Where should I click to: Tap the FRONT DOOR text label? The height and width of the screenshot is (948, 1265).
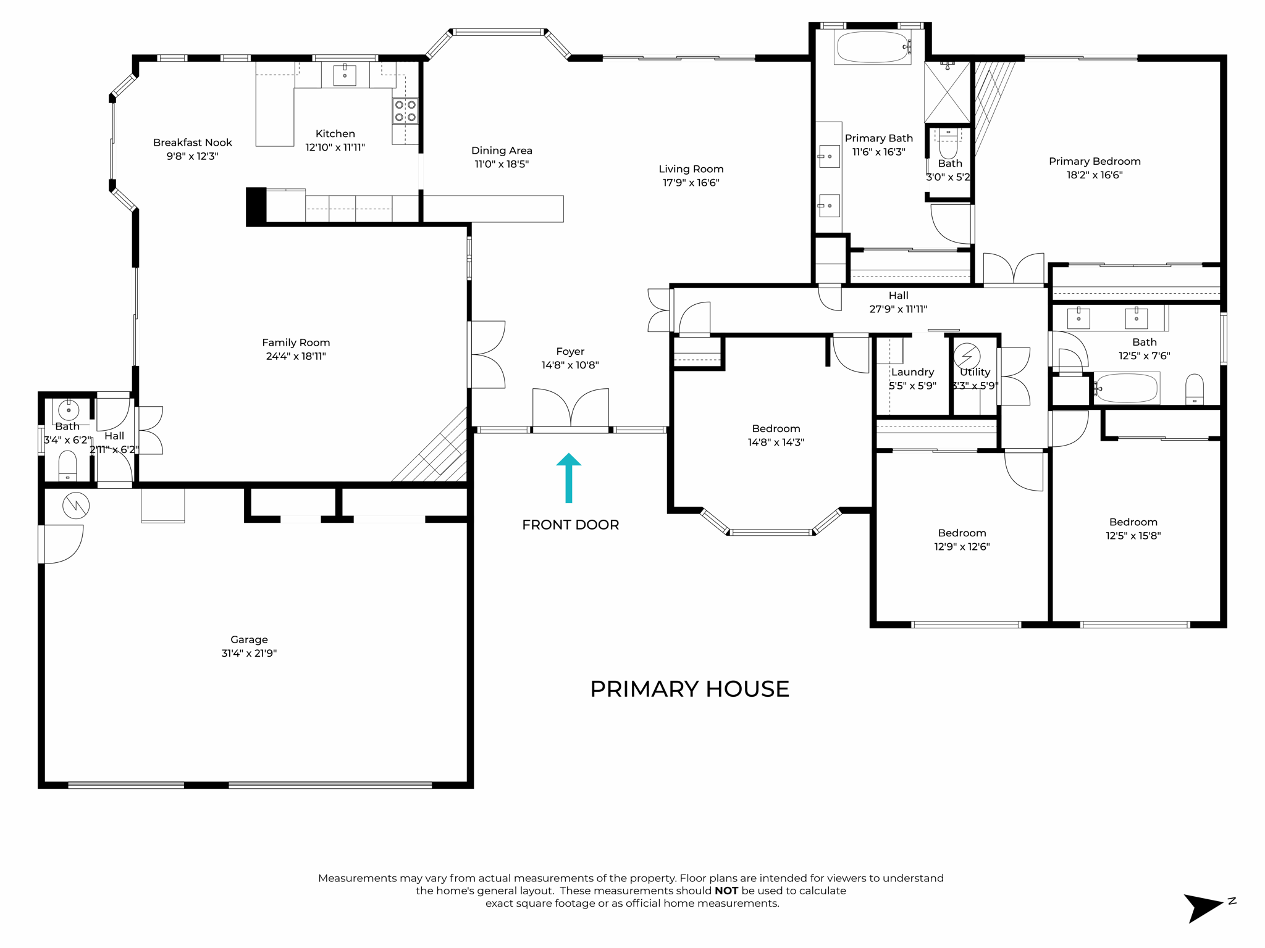tap(570, 525)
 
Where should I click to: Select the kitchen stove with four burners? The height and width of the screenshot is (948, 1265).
tap(405, 111)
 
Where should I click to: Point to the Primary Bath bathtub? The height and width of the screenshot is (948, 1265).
tap(872, 47)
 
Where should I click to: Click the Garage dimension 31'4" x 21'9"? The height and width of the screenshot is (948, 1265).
tap(249, 653)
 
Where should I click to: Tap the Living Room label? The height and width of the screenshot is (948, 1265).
tap(691, 168)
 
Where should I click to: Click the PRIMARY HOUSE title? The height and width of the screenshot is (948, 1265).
tap(689, 689)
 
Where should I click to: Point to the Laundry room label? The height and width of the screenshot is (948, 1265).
tap(912, 372)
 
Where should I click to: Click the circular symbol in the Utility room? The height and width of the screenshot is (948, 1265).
tap(967, 356)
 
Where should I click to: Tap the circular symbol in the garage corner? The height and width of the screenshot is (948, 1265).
tap(76, 506)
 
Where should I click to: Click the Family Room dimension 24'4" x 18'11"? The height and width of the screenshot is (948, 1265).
tap(296, 356)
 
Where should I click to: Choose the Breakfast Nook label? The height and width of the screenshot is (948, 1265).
tap(192, 143)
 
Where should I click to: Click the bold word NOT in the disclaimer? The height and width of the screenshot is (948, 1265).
tap(726, 891)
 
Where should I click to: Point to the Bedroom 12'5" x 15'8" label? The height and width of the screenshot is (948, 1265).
tap(1133, 522)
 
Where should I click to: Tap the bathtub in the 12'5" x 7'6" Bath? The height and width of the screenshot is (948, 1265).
tap(1127, 388)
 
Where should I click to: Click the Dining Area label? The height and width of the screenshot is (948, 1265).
tap(502, 151)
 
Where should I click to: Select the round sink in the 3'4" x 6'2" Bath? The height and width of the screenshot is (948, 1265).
tap(69, 410)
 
